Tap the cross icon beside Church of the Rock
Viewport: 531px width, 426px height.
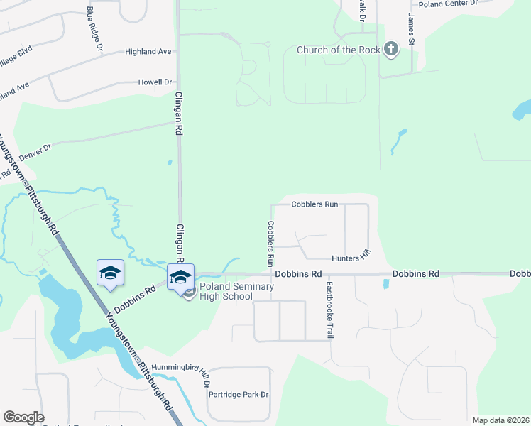click(390, 49)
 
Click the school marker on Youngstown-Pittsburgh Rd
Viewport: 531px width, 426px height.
click(110, 273)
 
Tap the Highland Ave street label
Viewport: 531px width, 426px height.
click(148, 52)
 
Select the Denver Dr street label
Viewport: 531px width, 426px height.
click(35, 150)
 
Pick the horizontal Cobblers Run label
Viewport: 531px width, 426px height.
click(314, 204)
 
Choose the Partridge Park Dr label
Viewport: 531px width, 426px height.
click(239, 395)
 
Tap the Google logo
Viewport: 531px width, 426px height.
click(23, 417)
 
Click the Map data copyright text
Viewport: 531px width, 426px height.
click(500, 420)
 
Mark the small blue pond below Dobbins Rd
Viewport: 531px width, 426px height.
click(385, 284)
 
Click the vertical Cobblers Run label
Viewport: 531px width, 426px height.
click(270, 243)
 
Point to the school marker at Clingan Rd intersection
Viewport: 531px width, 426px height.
click(180, 276)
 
